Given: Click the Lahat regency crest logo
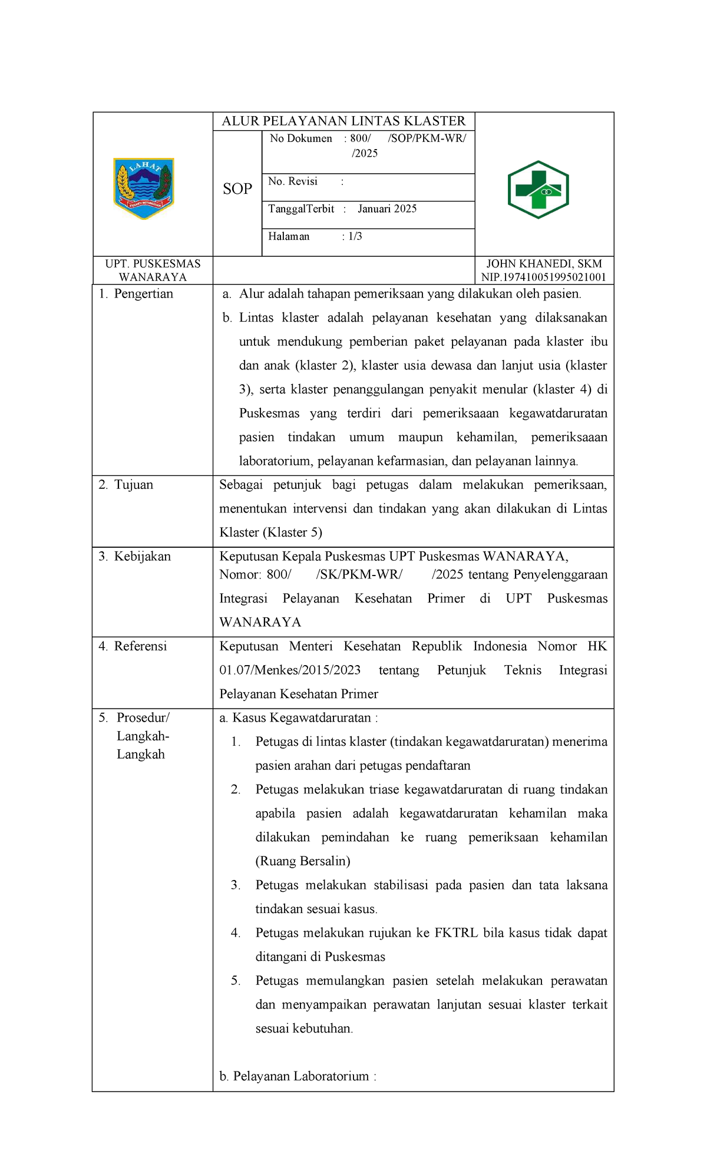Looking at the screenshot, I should (x=144, y=189).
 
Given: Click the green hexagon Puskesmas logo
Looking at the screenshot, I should (x=538, y=190).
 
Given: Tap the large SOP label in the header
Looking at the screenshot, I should (x=237, y=189).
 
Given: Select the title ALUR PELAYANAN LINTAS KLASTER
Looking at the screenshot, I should (x=343, y=121).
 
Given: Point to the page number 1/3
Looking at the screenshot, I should (x=355, y=237).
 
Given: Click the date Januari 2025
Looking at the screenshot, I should (x=387, y=209).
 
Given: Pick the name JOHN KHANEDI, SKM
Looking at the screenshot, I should (x=544, y=264).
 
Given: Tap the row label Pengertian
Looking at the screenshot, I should (x=143, y=294).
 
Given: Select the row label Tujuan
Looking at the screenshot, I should (x=133, y=485).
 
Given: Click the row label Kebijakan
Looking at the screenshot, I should (x=142, y=557).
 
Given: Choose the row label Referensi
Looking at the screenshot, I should (x=140, y=646).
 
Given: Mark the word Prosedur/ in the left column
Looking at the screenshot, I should (x=143, y=717).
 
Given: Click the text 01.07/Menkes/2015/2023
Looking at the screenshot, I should (x=290, y=670).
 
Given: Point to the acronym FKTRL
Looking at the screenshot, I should (x=456, y=933).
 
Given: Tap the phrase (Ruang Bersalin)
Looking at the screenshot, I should (x=303, y=861).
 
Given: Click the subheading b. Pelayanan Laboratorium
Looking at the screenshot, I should (x=298, y=1076).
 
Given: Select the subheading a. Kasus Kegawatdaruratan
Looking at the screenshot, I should (x=298, y=718).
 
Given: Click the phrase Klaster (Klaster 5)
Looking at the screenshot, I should (x=270, y=533).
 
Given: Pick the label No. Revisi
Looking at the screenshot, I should (x=293, y=181).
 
